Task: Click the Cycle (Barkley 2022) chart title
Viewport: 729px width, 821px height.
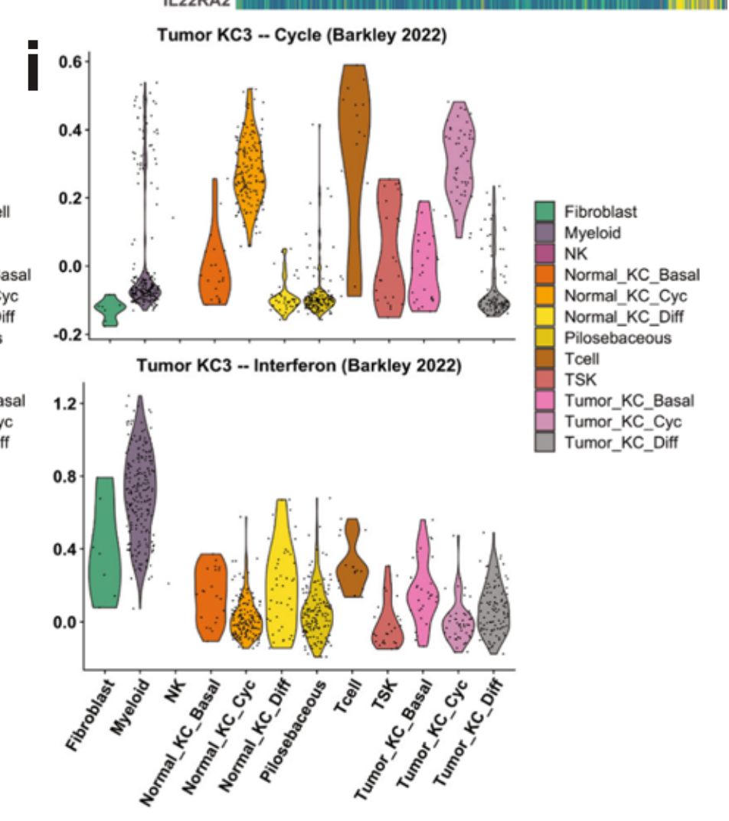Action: coord(302,36)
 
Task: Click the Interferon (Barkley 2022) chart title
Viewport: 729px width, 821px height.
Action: coord(299,367)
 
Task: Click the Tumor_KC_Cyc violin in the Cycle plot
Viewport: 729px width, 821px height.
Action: coord(459,161)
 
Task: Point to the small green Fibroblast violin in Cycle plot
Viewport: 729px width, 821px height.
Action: coord(109,310)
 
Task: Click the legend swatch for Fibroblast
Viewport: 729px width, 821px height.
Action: coord(545,212)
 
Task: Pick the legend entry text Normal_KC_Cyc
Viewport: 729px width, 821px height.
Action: coord(625,295)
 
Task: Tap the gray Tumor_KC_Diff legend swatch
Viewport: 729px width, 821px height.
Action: coord(545,441)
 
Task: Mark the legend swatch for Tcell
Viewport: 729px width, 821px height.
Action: coord(545,358)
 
